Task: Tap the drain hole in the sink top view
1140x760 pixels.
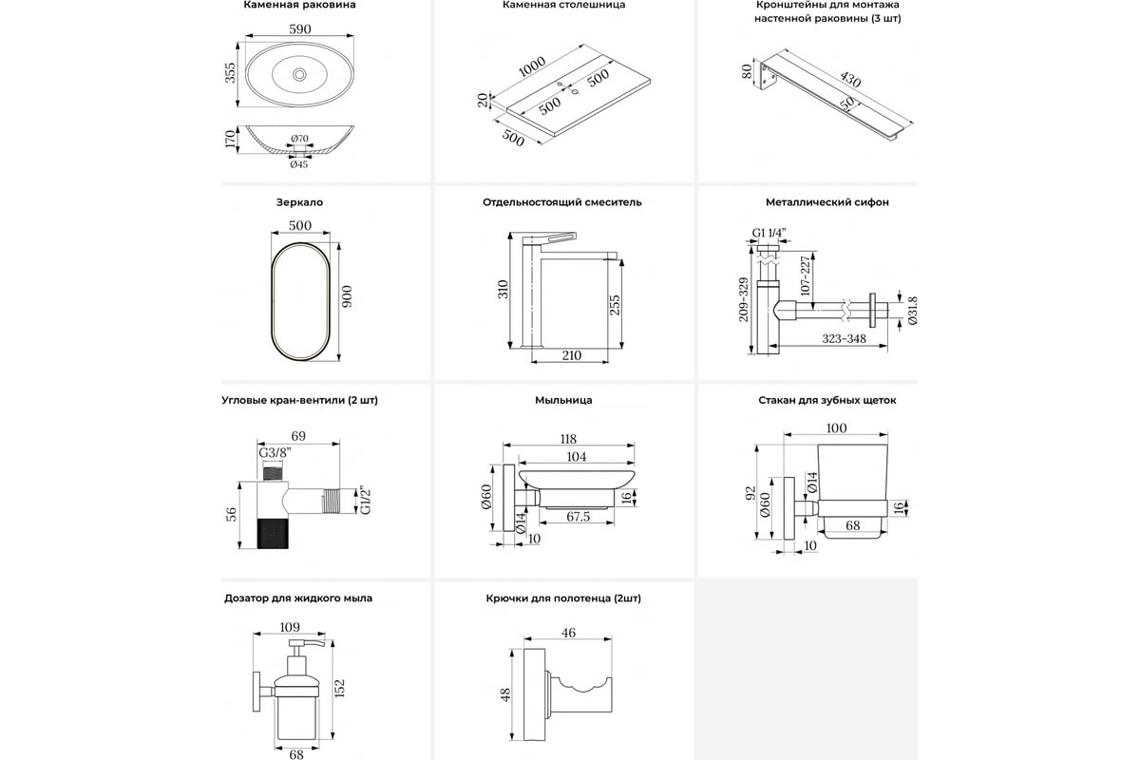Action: click(300, 73)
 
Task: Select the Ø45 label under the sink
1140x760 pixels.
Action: click(298, 164)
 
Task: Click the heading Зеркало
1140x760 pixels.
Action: click(299, 202)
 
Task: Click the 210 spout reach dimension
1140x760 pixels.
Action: click(571, 355)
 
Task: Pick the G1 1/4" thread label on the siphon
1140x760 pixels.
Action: click(769, 233)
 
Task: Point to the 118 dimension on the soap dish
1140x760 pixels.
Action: click(568, 439)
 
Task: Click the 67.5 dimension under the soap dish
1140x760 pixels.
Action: click(579, 518)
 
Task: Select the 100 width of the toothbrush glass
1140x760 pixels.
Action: click(836, 428)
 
